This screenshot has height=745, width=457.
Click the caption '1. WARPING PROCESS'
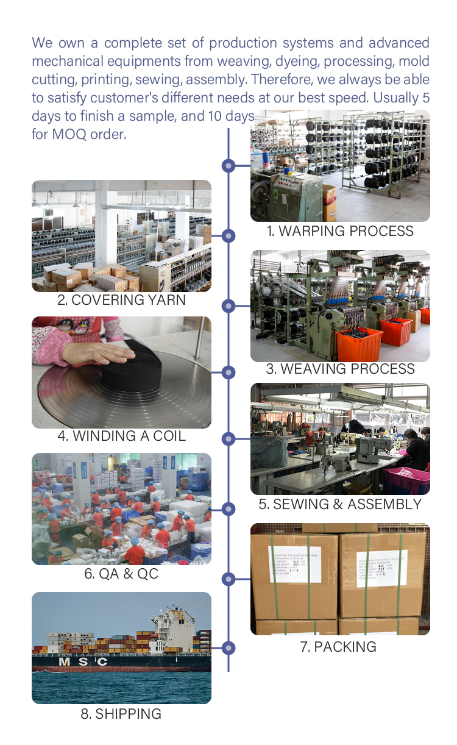click(x=340, y=231)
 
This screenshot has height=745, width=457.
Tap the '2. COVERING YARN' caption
click(x=121, y=300)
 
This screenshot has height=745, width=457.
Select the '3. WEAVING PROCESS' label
click(x=340, y=369)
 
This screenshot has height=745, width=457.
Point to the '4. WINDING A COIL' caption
click(x=121, y=436)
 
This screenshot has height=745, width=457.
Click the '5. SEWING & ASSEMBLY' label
click(x=340, y=504)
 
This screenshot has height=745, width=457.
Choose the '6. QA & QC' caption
click(x=121, y=574)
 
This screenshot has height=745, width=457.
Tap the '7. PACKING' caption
click(x=338, y=647)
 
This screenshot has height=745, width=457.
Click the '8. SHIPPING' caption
click(x=121, y=714)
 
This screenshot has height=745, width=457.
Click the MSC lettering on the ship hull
click(x=82, y=661)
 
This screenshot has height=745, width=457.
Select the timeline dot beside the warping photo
click(x=228, y=165)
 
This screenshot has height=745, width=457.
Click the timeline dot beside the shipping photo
click(x=228, y=647)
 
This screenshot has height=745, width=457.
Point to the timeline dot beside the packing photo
click(x=228, y=579)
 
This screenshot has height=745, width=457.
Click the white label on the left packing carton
click(x=294, y=564)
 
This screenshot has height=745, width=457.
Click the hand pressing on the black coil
click(x=107, y=353)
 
